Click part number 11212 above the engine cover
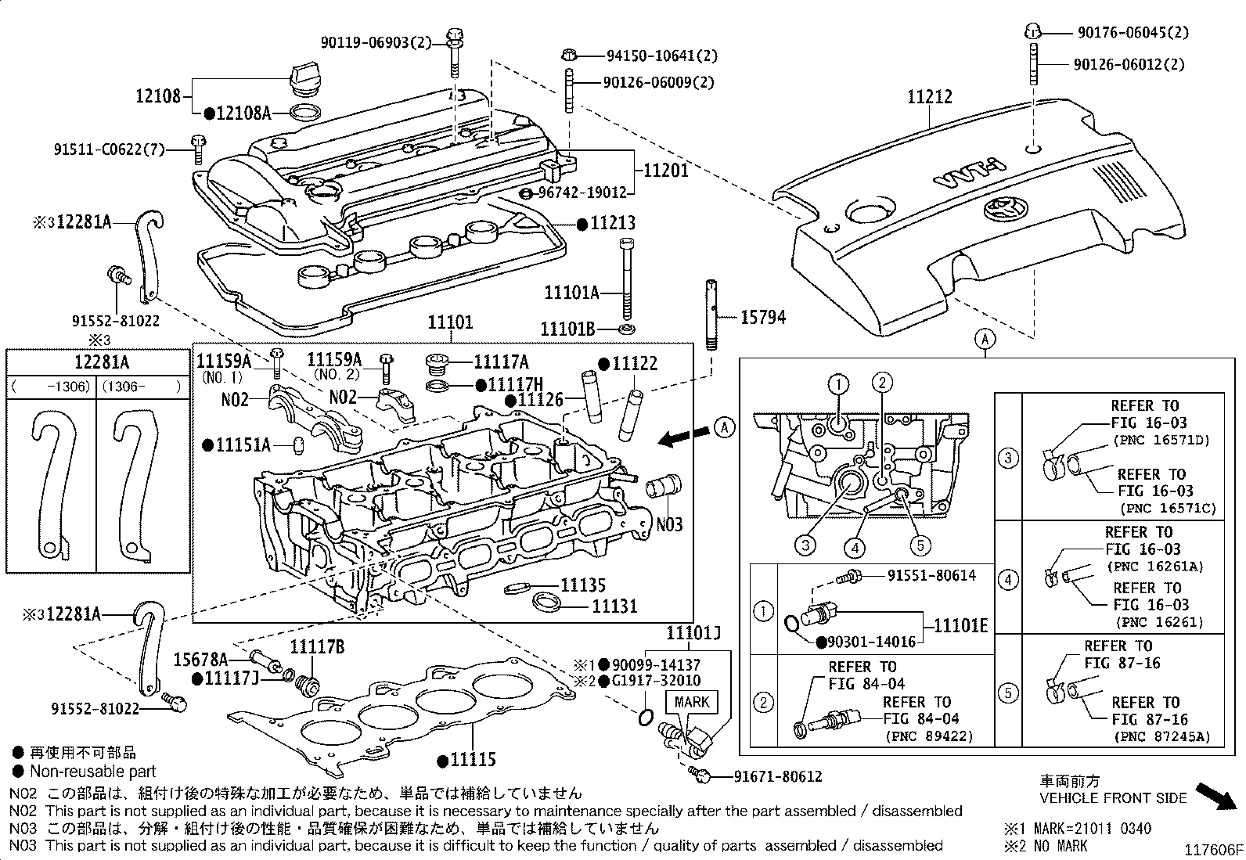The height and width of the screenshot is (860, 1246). (930, 97)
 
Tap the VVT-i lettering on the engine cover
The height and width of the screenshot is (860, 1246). (969, 174)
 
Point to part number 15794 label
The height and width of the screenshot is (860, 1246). (762, 317)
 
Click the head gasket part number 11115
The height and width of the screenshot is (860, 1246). (473, 759)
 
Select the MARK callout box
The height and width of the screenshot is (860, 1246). (691, 702)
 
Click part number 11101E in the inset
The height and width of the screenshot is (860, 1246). (961, 625)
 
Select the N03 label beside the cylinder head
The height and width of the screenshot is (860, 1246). (669, 524)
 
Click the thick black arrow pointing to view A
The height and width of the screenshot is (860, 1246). (680, 439)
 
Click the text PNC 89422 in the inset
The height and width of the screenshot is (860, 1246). (929, 736)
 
